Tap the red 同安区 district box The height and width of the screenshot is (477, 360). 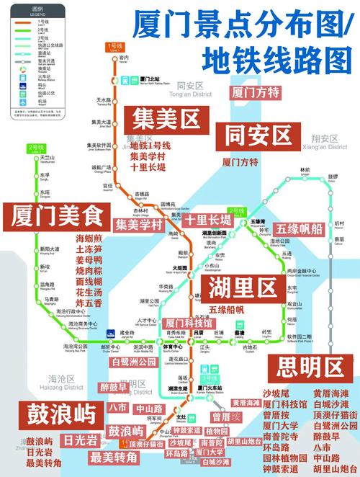click(257, 135)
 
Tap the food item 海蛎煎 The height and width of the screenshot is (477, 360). click(89, 239)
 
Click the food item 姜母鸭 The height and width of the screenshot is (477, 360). click(89, 260)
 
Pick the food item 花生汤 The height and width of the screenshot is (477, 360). click(89, 293)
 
